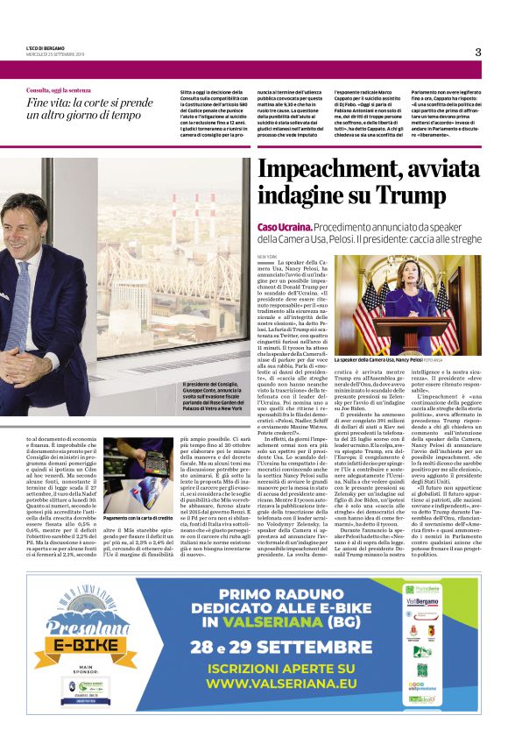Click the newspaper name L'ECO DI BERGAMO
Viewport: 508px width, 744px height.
pos(46,47)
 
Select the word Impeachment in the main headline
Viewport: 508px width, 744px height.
pos(333,170)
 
